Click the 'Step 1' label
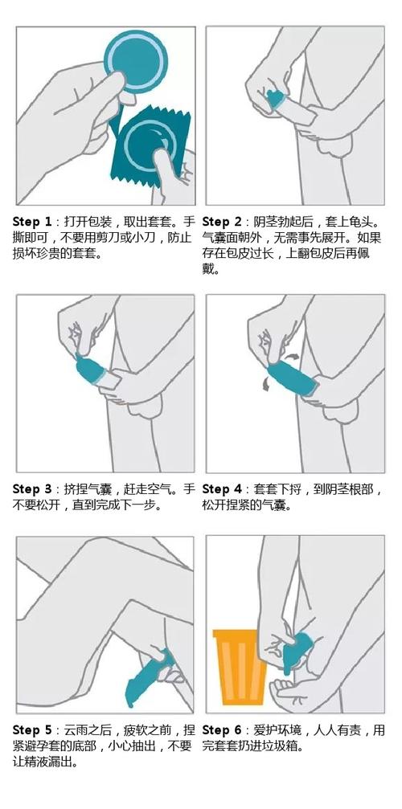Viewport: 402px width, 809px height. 32,223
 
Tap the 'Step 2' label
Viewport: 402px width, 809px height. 222,223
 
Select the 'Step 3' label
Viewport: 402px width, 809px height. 32,489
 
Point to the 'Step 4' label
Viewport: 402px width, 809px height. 222,489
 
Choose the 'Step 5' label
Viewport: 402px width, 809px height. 32,730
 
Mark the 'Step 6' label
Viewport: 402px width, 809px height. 222,730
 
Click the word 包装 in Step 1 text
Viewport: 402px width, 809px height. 98,223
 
